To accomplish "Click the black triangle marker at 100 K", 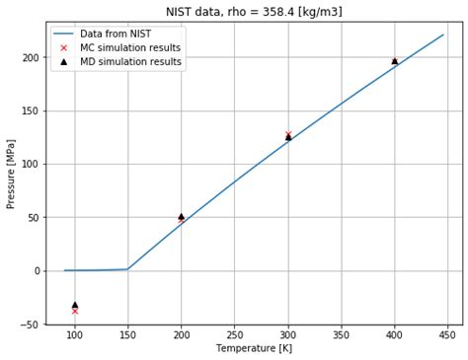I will pos(75,305).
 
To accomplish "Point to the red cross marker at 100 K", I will pos(75,311).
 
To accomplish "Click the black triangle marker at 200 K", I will pos(181,216).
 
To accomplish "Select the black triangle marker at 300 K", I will pos(288,136).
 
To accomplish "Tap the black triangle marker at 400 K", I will pos(395,61).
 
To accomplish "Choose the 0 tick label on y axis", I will pos(37,271).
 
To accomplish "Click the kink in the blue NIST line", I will pos(127,268).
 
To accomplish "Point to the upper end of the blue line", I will pos(443,35).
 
